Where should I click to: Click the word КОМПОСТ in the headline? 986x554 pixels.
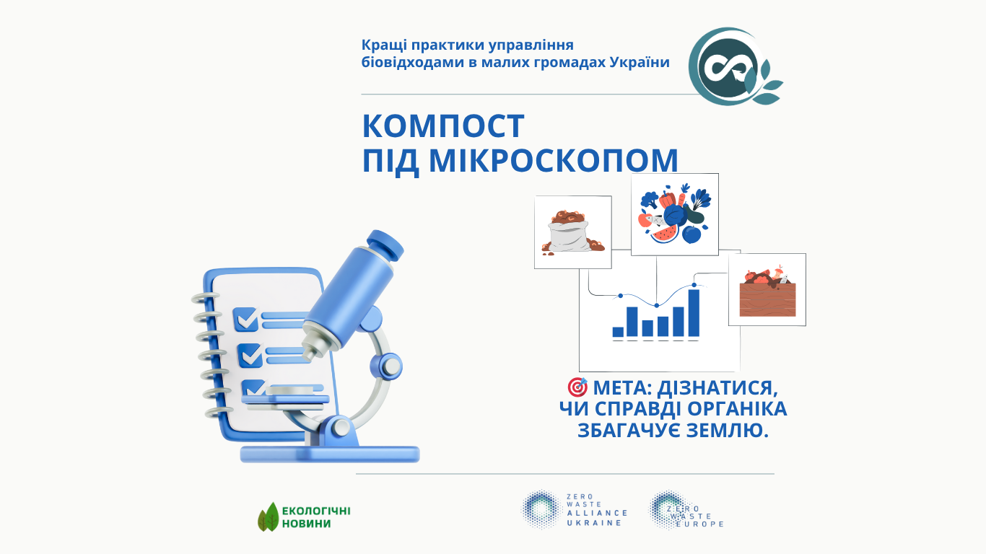(x=442, y=126)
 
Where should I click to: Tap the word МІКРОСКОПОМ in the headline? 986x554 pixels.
(x=554, y=160)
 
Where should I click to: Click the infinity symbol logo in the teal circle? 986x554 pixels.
(x=729, y=67)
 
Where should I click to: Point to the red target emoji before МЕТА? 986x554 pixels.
(x=577, y=387)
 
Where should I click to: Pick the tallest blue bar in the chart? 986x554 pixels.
(x=694, y=313)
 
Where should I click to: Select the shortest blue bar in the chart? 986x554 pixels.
(x=618, y=332)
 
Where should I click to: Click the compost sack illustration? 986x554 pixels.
(x=572, y=232)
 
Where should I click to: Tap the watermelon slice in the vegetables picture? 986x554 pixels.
(x=665, y=234)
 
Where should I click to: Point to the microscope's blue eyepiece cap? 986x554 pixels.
(x=385, y=245)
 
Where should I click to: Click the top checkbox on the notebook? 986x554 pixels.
(x=245, y=319)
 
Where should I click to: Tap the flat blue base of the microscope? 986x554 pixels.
(x=330, y=454)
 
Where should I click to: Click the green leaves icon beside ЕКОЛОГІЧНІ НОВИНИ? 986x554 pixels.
(x=269, y=517)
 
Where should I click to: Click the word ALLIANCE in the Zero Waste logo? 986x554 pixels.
(x=597, y=513)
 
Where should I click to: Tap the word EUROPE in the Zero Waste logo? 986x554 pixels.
(x=700, y=524)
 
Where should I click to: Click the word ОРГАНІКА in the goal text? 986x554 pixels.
(x=737, y=409)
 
